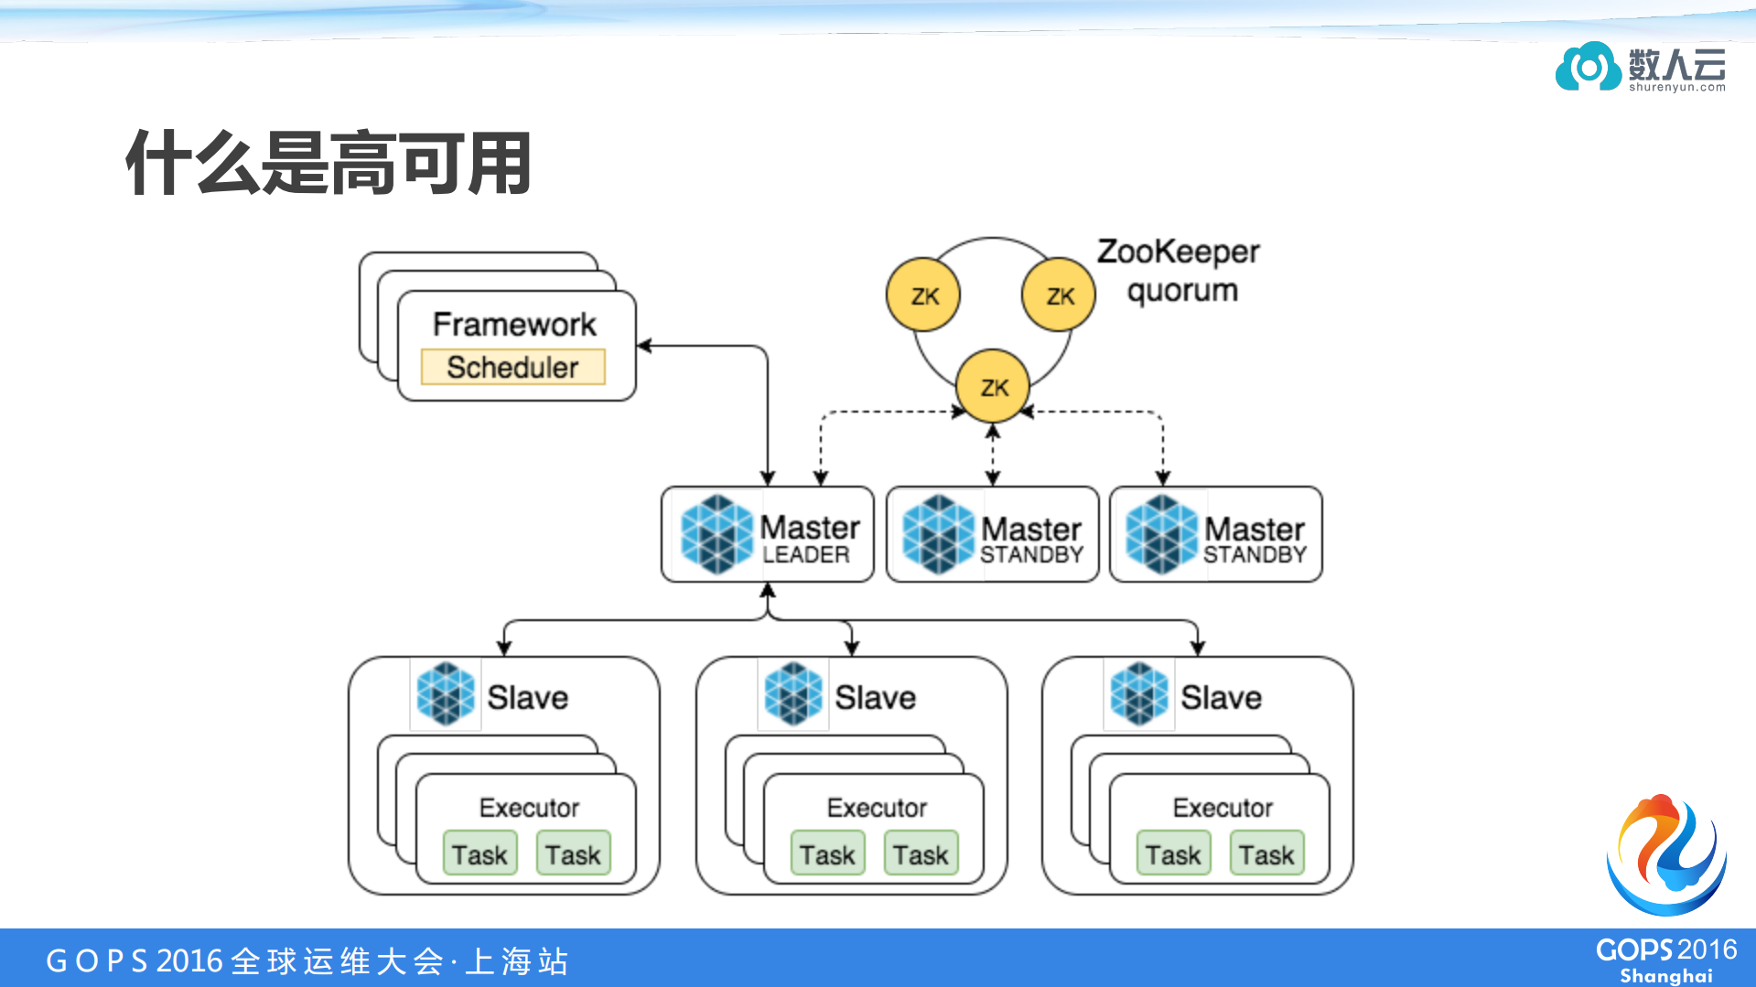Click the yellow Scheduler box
click(x=512, y=367)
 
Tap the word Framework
click(x=513, y=324)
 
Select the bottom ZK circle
click(x=993, y=387)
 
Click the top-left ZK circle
click(x=923, y=295)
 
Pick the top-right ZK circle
click(x=1059, y=295)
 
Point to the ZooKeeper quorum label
click(x=1179, y=271)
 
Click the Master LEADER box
click(x=767, y=534)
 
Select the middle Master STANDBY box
click(x=992, y=534)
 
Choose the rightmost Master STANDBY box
click(x=1215, y=534)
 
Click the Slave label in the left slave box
click(x=527, y=698)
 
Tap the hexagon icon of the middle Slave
click(x=792, y=695)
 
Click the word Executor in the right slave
click(x=1223, y=808)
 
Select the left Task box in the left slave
click(x=479, y=854)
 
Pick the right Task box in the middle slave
click(x=921, y=854)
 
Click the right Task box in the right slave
click(x=1266, y=854)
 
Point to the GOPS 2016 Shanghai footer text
click(x=1665, y=960)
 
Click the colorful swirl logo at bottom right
click(x=1665, y=854)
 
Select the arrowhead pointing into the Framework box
click(x=644, y=346)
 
